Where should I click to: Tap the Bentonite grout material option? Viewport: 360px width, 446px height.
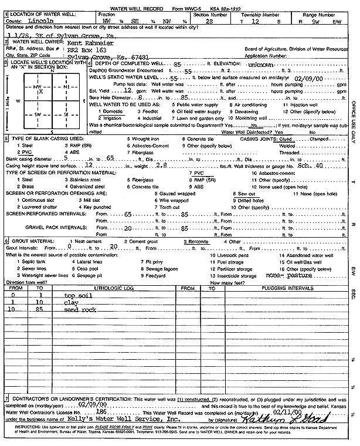coord(198,241)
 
